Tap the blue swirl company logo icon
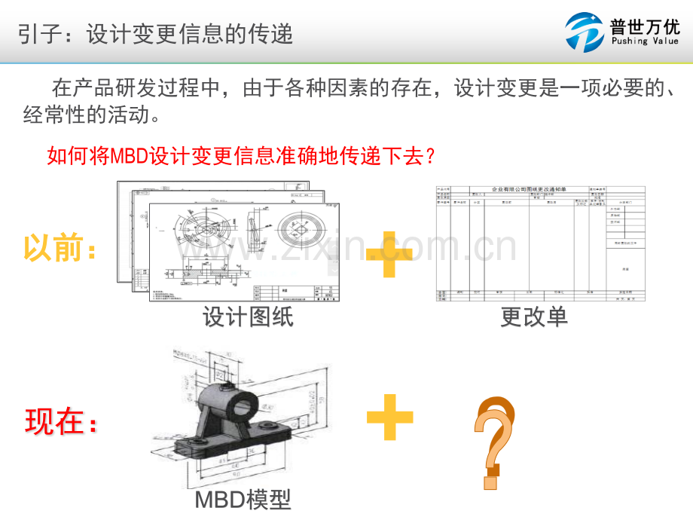tap(585, 32)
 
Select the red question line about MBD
tap(241, 156)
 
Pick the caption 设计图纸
tap(248, 317)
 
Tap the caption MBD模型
tap(243, 500)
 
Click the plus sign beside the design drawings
tap(389, 255)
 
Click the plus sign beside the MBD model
tap(389, 417)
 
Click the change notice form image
tap(541, 243)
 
